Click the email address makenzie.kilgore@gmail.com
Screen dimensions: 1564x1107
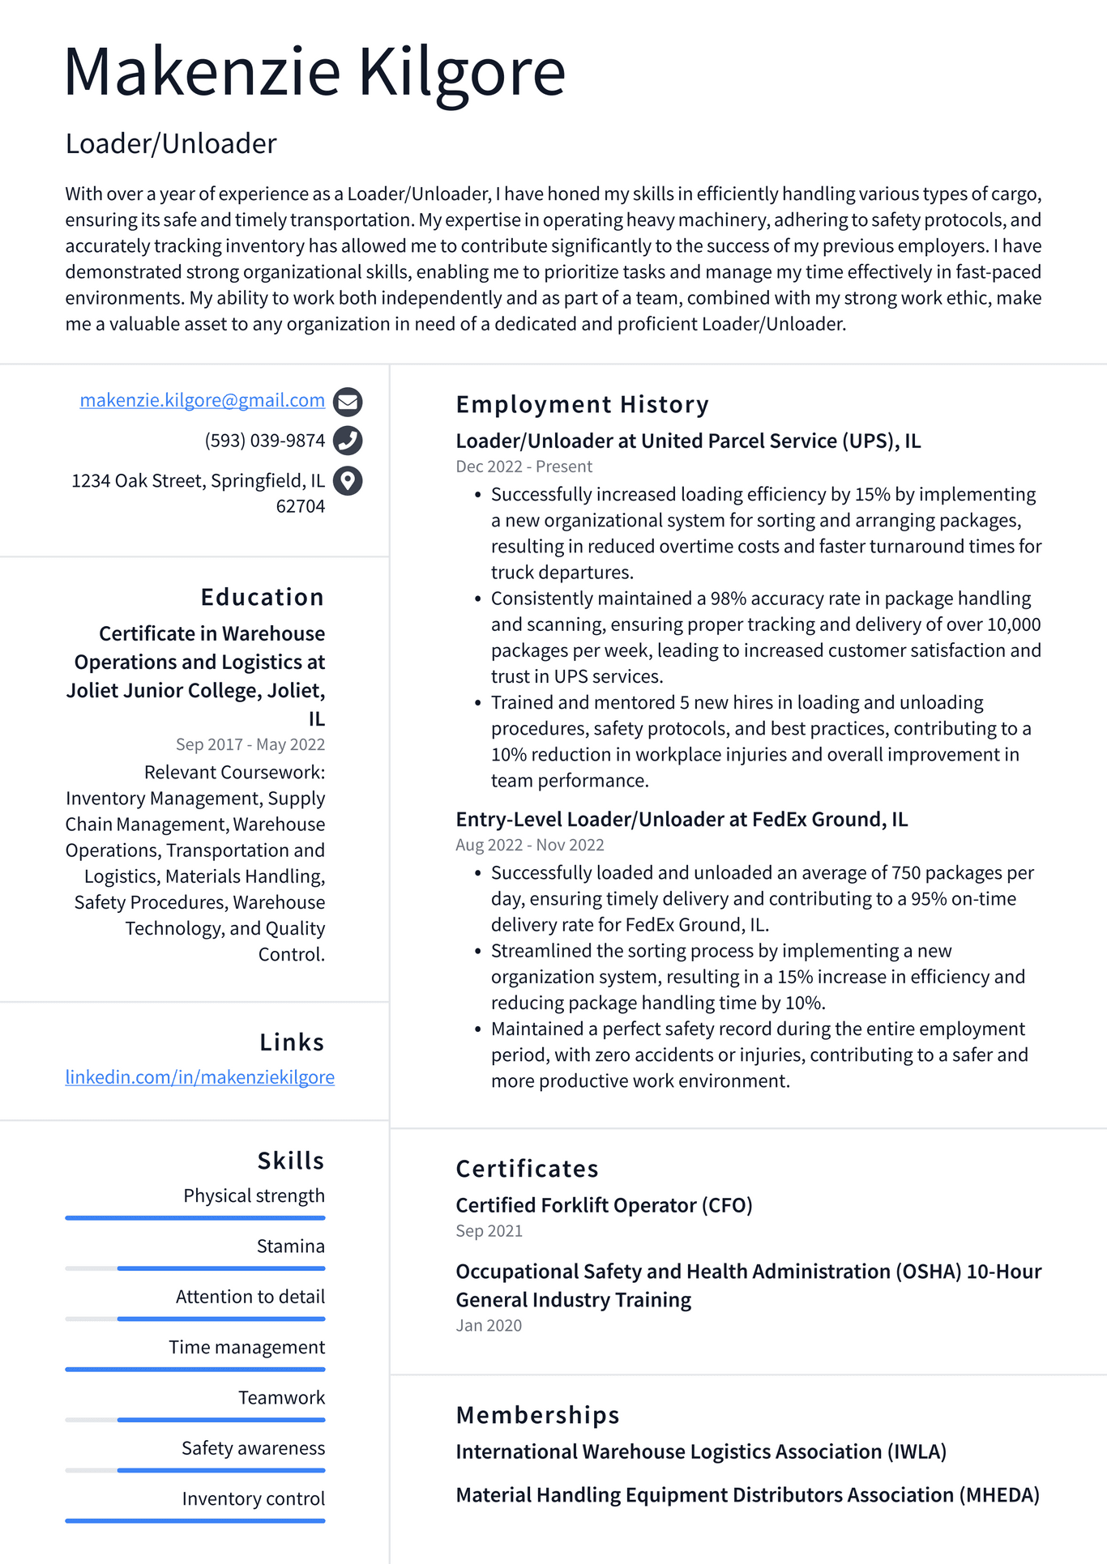click(x=202, y=400)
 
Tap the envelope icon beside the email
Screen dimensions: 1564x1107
click(x=348, y=401)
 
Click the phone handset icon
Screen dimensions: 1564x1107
click(x=348, y=441)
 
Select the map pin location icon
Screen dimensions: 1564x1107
click(x=348, y=481)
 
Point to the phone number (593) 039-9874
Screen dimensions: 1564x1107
click(x=264, y=441)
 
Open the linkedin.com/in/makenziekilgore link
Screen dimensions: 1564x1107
click(x=199, y=1077)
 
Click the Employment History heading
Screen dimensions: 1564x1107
click(x=582, y=404)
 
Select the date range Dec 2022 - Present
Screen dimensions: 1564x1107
click(x=524, y=467)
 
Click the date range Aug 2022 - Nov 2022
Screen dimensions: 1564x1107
click(x=529, y=845)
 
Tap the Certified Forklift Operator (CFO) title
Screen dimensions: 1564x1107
click(x=604, y=1205)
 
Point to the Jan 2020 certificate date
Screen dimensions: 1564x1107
click(x=489, y=1326)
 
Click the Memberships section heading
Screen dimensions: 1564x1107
click(x=537, y=1415)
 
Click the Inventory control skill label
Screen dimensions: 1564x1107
click(x=253, y=1499)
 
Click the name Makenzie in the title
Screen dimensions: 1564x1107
click(x=203, y=73)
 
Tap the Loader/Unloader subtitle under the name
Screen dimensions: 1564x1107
click(x=171, y=144)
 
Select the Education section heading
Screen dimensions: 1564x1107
click(x=262, y=598)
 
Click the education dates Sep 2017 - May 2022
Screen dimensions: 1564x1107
click(x=250, y=744)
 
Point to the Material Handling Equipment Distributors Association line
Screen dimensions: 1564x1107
click(x=746, y=1495)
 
